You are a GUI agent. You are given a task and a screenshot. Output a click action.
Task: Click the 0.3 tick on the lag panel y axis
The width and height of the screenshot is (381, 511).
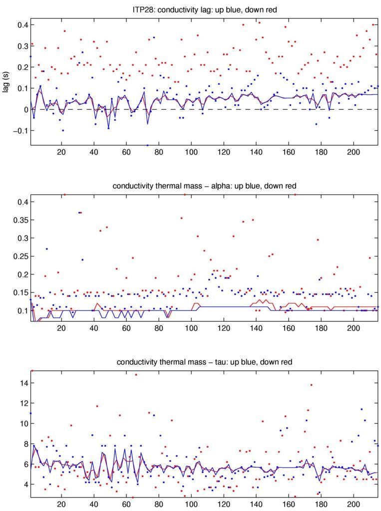[21, 46]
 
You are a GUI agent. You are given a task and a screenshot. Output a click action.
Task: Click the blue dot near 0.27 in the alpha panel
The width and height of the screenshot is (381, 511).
[46, 249]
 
